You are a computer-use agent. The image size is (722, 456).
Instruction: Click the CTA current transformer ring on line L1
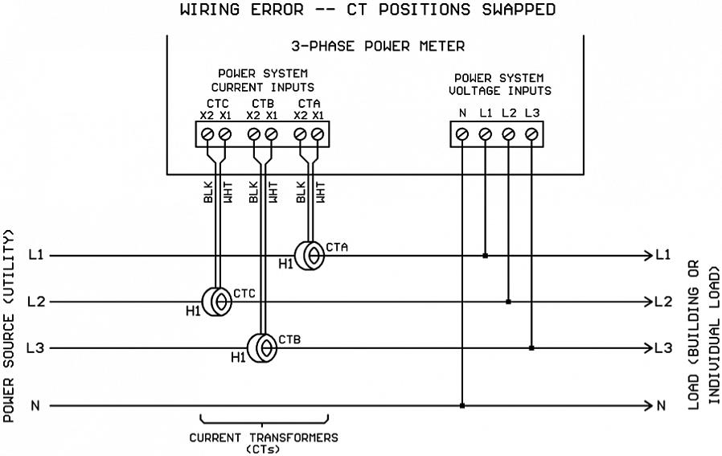310,256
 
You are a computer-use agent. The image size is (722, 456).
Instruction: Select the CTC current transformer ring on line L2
215,302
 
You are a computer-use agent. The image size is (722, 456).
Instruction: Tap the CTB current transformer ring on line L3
262,348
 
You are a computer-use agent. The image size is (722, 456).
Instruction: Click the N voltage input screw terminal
462,135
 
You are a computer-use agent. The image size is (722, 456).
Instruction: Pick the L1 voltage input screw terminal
485,135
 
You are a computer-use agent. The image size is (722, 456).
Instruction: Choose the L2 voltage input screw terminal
508,135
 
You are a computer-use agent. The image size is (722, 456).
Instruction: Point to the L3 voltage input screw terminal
531,135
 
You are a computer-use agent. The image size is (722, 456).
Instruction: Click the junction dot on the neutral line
462,405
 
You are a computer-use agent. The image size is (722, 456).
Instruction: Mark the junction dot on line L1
485,256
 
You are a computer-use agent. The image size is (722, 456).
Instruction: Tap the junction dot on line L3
531,348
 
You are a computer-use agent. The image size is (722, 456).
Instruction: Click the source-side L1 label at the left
35,256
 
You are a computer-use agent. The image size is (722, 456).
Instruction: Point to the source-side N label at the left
35,405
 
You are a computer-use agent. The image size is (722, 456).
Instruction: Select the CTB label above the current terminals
262,104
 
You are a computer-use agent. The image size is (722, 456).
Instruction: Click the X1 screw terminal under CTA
318,134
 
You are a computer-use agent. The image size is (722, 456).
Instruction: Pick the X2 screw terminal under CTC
208,134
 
